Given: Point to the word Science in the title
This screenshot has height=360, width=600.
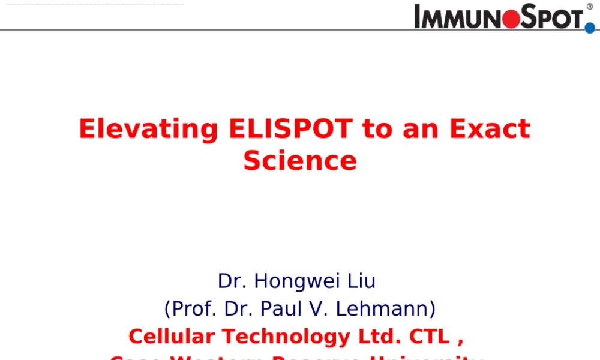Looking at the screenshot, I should point(300,161).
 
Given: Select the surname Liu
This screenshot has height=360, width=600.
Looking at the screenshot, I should point(361,281).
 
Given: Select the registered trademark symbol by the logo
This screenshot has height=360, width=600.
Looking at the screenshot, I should point(589,7).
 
